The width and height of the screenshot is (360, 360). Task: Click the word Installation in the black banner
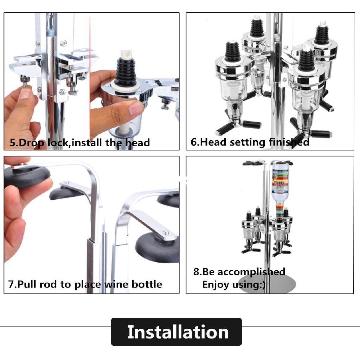coord(178,332)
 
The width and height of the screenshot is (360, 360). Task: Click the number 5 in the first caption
coord(13,143)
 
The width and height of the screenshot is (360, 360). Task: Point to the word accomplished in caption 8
coord(251,272)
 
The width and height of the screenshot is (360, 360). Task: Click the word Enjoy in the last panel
coord(216,285)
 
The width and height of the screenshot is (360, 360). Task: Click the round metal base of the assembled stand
coord(267,284)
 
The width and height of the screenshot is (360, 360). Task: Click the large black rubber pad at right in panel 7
coord(157,247)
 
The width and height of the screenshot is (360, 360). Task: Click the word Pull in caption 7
coord(27,284)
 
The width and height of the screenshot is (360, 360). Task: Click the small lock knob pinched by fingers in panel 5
coord(25,81)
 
